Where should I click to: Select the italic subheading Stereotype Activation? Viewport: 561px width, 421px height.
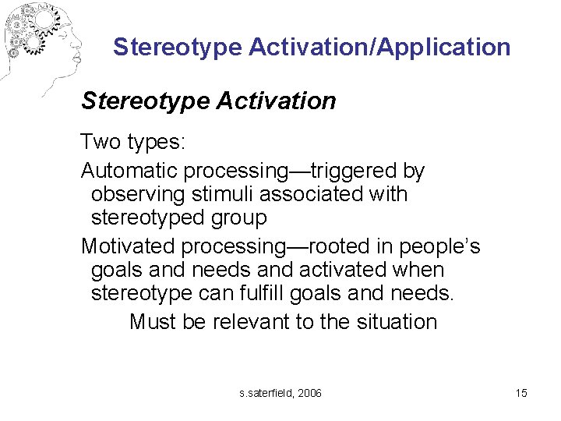(x=209, y=101)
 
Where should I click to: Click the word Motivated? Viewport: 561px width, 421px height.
(x=128, y=246)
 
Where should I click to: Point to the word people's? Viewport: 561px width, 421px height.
(x=439, y=246)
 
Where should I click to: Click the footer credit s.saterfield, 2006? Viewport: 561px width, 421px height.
(x=280, y=393)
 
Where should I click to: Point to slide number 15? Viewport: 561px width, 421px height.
(x=521, y=393)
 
